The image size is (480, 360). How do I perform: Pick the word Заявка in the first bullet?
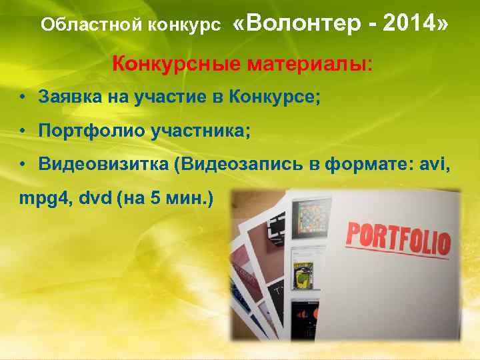(64, 97)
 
